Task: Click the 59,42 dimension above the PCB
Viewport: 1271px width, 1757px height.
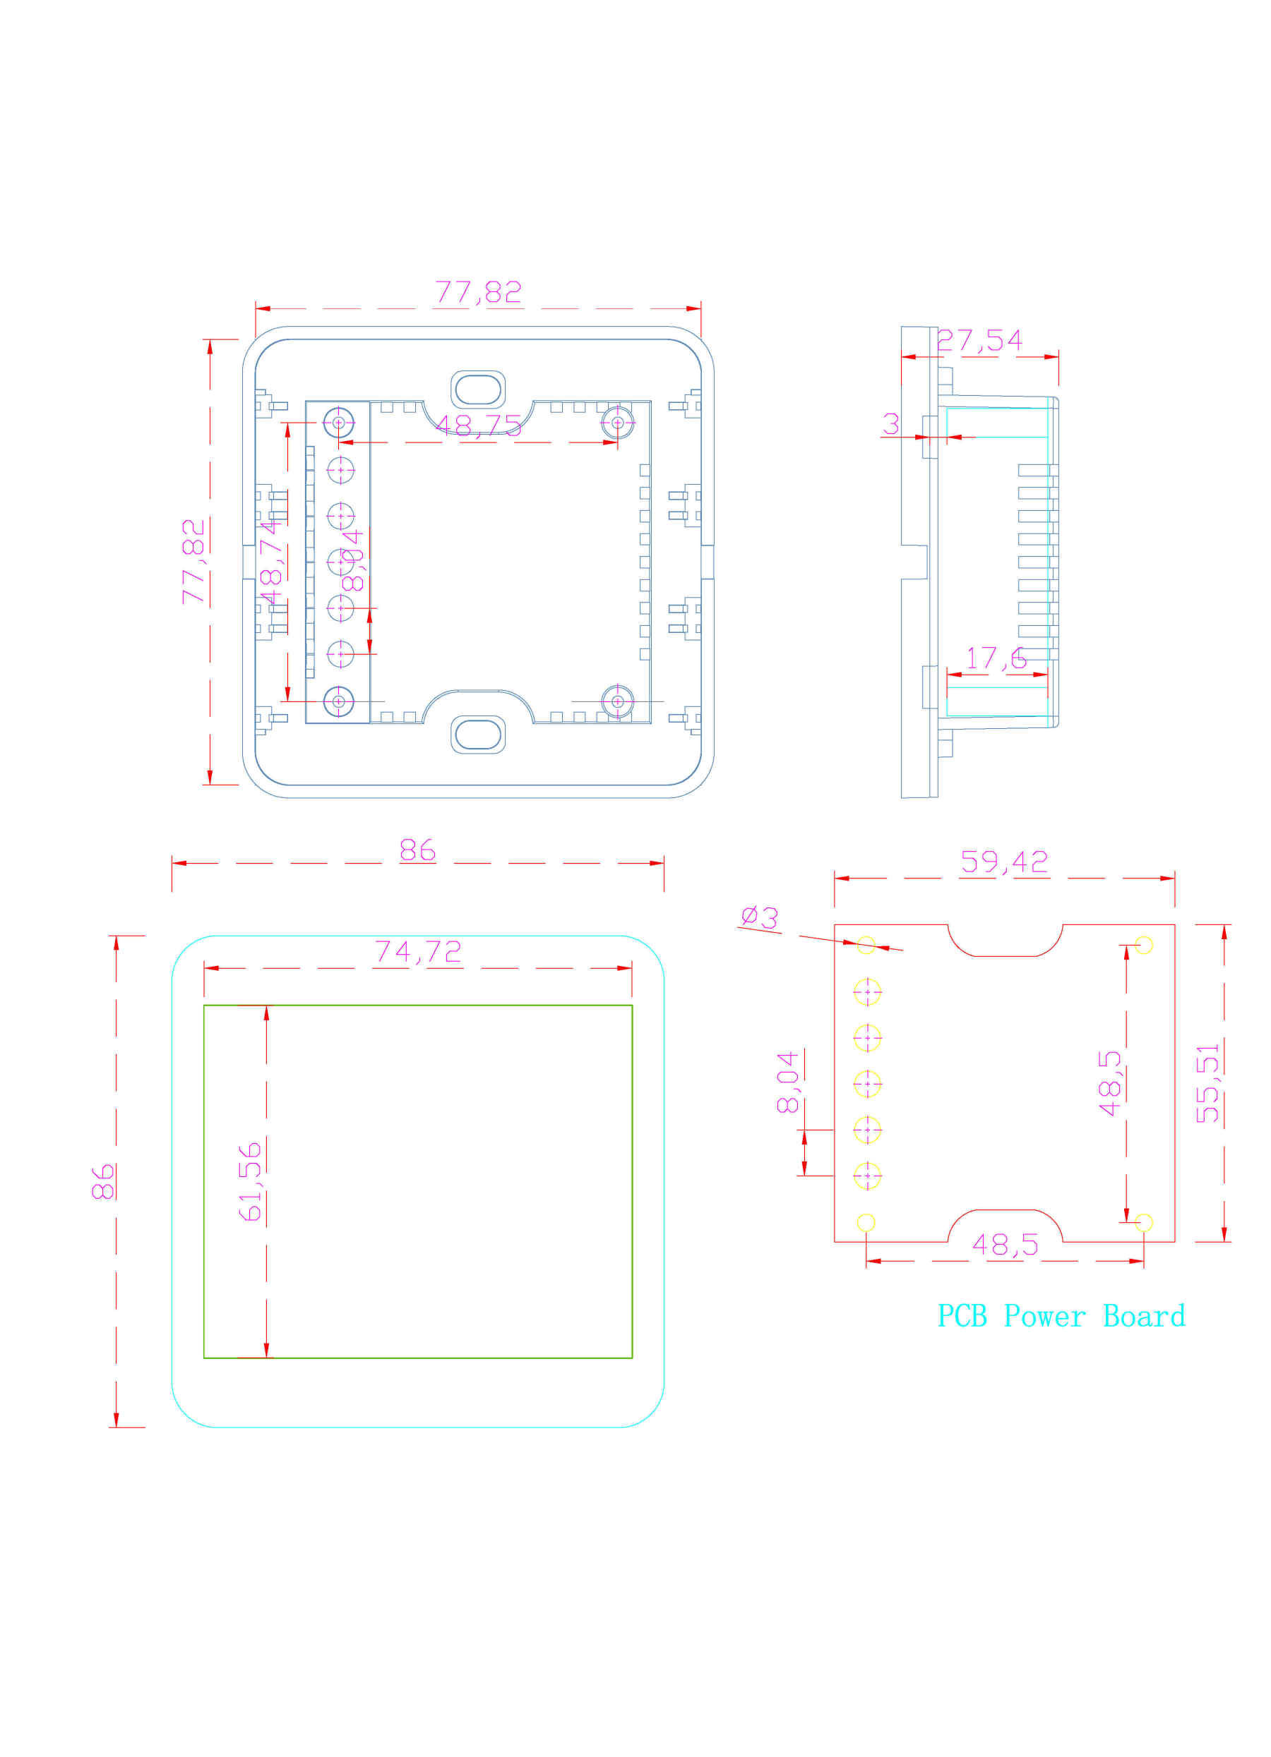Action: tap(1003, 862)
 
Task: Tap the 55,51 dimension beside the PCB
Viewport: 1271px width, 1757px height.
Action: tap(1207, 1083)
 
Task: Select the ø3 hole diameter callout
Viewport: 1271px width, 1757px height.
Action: tap(759, 917)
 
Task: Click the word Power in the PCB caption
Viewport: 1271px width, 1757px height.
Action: tap(1043, 1316)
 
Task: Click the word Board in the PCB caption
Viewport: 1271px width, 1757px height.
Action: tap(1143, 1316)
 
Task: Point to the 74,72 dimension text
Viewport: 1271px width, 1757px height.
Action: tap(418, 951)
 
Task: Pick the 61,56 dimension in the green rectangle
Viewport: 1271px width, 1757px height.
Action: tap(249, 1181)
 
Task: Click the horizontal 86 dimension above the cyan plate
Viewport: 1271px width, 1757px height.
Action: tap(417, 850)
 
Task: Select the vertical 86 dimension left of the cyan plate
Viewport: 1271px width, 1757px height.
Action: tap(103, 1181)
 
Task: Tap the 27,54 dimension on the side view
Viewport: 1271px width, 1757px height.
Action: tap(979, 340)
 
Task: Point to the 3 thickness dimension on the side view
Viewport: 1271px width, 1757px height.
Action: tap(890, 424)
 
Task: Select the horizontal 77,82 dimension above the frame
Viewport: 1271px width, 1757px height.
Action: tap(477, 292)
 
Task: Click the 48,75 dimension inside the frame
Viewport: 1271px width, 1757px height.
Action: tap(477, 425)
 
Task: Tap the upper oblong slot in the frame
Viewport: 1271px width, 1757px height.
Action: tap(477, 390)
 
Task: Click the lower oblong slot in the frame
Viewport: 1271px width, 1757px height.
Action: tap(477, 735)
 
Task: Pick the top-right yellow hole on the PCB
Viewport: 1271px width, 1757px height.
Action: tap(1143, 944)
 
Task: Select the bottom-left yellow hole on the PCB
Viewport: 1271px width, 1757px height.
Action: tap(866, 1222)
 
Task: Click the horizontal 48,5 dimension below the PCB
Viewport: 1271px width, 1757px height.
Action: tap(1004, 1245)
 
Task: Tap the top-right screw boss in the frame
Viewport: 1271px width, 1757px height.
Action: tap(617, 423)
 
